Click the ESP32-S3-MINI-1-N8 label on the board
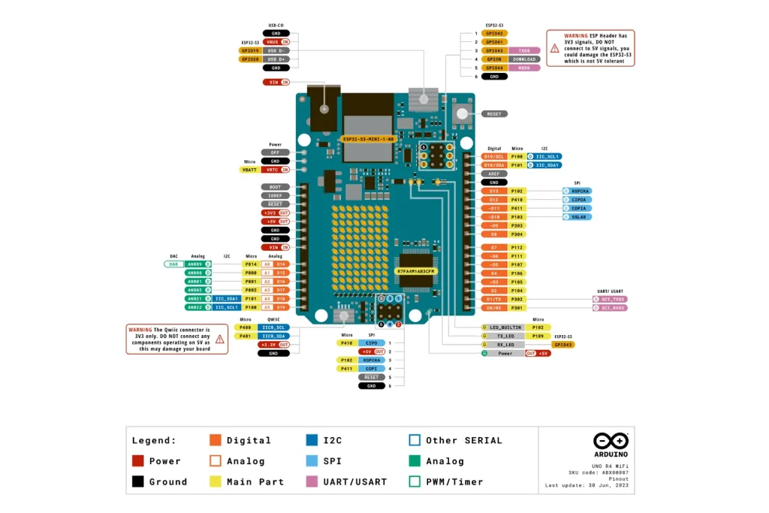tap(368, 139)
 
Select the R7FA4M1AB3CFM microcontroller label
tap(415, 270)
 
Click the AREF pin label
tap(493, 174)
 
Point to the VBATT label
tap(249, 170)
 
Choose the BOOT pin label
tap(275, 187)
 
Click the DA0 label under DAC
tap(173, 264)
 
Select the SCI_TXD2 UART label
tap(608, 299)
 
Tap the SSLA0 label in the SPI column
tap(578, 217)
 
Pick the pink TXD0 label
tap(523, 50)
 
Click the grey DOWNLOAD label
tap(523, 59)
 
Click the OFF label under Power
tap(275, 152)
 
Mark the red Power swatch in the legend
tap(137, 461)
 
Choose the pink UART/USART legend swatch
tap(311, 481)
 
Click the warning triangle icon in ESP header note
tap(554, 47)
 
